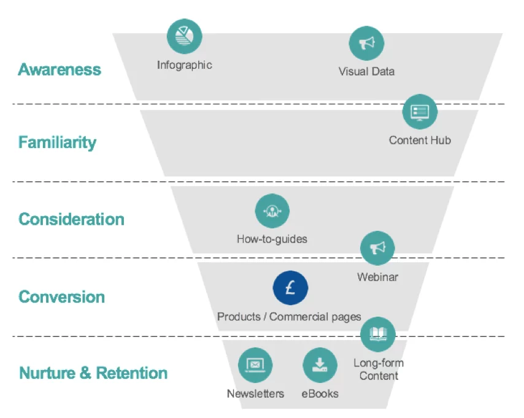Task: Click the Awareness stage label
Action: [60, 69]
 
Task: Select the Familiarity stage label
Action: [57, 142]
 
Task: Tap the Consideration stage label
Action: [71, 219]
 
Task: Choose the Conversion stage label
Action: [61, 297]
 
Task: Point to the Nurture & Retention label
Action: [93, 373]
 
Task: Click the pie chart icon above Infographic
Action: [184, 36]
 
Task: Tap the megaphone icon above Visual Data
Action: [366, 43]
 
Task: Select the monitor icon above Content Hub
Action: [420, 112]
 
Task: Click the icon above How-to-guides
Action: [272, 212]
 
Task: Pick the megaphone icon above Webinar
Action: [377, 248]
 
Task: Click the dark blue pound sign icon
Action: [290, 288]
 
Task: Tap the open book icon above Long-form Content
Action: [378, 335]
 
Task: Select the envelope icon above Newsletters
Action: [255, 365]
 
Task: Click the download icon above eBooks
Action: [320, 365]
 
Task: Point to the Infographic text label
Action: [184, 65]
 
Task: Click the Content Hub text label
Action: [420, 141]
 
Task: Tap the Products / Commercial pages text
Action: [289, 317]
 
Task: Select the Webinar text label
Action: [377, 277]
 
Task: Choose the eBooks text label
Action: [320, 394]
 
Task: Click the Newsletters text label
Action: [255, 394]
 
